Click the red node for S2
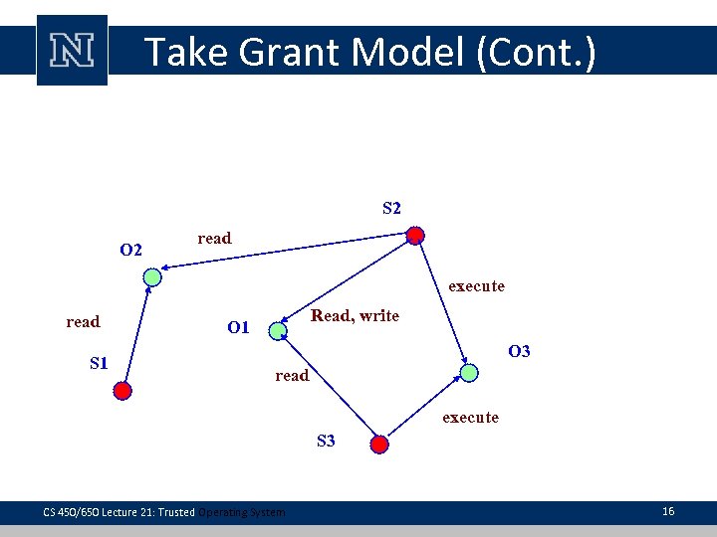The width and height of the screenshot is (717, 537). click(415, 236)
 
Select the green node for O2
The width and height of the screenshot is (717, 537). click(151, 278)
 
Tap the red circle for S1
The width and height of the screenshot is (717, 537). click(121, 391)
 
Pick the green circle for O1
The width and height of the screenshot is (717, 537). click(277, 329)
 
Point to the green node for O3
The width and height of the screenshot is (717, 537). click(469, 372)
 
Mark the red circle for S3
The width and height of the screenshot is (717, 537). click(379, 444)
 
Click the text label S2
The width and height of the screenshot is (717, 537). click(391, 209)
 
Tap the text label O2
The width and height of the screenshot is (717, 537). click(130, 249)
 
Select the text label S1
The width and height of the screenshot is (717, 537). click(99, 363)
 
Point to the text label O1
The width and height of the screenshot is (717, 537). click(238, 327)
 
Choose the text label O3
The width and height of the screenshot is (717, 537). click(519, 351)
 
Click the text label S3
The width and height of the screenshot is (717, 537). click(326, 441)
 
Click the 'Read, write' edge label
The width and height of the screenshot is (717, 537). click(355, 316)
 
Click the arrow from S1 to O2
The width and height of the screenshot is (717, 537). click(136, 334)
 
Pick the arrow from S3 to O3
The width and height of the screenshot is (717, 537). click(424, 408)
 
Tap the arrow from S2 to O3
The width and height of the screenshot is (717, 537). click(442, 303)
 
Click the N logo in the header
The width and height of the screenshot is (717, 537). click(72, 50)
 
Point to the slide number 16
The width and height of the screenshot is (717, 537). click(667, 511)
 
